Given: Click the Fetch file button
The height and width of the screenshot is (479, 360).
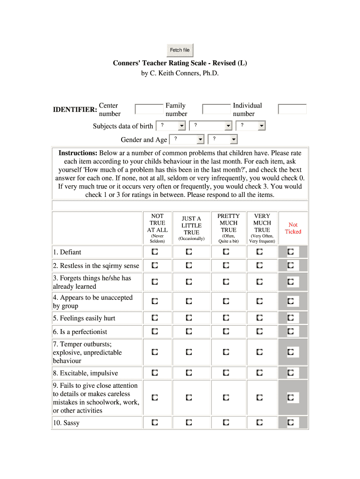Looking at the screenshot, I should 180,50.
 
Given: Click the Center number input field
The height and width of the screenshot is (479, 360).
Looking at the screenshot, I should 149,109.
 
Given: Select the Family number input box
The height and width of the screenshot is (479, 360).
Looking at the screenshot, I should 216,109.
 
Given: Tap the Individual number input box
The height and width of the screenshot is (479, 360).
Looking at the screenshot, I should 292,109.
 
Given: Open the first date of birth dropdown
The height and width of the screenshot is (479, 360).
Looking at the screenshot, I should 170,126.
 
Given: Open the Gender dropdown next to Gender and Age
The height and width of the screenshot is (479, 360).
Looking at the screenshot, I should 186,139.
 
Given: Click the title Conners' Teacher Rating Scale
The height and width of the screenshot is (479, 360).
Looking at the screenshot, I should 180,63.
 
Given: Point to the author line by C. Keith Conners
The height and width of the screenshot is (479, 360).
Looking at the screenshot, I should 180,73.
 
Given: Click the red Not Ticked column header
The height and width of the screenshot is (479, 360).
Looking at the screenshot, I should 293,228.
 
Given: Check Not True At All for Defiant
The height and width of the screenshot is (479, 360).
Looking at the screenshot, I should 155,252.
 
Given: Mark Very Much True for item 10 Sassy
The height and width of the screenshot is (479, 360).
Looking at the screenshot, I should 259,423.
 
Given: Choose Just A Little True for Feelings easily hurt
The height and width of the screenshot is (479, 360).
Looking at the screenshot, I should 189,318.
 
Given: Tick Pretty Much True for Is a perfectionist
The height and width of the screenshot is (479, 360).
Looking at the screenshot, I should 226,332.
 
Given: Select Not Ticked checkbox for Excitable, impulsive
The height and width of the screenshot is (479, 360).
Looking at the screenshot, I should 291,373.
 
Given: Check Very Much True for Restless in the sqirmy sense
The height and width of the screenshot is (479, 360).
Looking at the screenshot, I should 259,266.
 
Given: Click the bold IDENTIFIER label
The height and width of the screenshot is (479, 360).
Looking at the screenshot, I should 75,109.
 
